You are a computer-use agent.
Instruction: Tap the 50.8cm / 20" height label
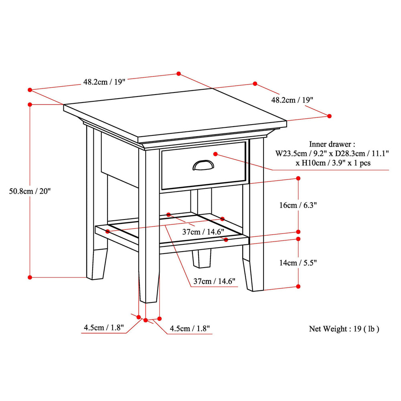point(30,191)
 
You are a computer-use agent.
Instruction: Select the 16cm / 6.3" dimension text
point(298,205)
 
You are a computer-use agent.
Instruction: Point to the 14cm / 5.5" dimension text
point(298,263)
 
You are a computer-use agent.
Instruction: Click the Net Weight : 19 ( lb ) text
point(344,328)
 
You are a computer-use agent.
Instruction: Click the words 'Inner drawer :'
point(332,144)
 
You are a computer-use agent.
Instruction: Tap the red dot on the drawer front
point(216,154)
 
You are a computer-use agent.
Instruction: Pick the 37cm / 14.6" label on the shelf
point(203,232)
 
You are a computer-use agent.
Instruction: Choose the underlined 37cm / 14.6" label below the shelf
point(214,281)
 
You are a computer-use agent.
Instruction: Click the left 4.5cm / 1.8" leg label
point(104,328)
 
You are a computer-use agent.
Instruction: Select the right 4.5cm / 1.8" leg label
point(190,328)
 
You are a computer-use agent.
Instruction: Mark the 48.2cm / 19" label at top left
point(104,82)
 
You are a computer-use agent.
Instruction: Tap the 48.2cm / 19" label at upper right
point(292,100)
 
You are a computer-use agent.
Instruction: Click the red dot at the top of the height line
point(30,105)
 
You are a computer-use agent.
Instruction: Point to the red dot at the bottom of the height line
point(30,277)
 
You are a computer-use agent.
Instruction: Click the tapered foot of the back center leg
point(202,258)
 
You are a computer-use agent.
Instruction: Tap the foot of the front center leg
point(149,288)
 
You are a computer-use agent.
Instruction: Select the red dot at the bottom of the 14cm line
point(298,287)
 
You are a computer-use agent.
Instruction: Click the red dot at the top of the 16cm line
point(298,178)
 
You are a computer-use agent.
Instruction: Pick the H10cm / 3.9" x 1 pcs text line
point(333,163)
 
